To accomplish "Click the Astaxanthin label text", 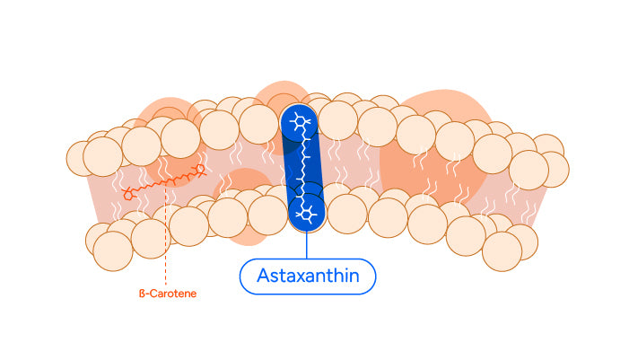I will [x=308, y=277].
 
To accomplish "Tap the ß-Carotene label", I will [x=166, y=293].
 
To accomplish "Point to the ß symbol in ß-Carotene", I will [x=140, y=293].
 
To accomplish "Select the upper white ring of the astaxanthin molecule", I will [x=301, y=124].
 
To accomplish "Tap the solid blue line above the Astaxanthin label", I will [x=307, y=246].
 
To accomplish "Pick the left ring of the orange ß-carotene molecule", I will [x=130, y=193].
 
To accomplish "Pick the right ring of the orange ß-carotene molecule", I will [x=200, y=168].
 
